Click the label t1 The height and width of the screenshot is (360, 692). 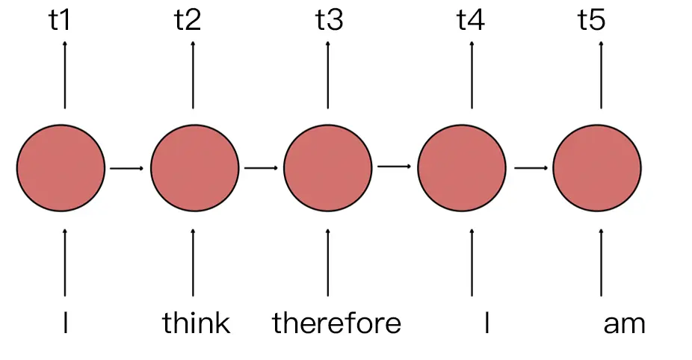click(x=60, y=20)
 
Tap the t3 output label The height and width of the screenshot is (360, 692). click(x=329, y=20)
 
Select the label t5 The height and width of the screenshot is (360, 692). click(x=591, y=20)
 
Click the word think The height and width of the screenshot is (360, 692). click(x=196, y=323)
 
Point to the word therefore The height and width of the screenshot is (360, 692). click(x=336, y=323)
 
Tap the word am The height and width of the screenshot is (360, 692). click(x=624, y=323)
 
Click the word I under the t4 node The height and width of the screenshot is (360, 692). click(x=487, y=323)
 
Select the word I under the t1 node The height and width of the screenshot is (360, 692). click(x=66, y=323)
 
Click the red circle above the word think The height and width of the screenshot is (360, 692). click(x=194, y=168)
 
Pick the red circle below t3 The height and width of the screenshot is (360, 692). click(x=328, y=168)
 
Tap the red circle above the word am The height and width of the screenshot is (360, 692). click(x=596, y=168)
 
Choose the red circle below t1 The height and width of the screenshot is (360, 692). click(x=61, y=168)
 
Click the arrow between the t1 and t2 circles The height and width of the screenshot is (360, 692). click(x=126, y=168)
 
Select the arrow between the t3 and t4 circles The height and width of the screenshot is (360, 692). click(x=394, y=166)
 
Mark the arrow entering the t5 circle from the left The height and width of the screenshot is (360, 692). click(x=531, y=167)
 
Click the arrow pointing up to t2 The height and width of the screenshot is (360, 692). click(x=194, y=75)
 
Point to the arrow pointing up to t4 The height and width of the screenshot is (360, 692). click(x=472, y=75)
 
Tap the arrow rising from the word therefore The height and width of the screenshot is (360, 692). click(x=327, y=261)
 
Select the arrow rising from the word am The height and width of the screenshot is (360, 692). click(x=602, y=261)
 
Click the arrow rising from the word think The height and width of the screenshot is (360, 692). click(x=194, y=261)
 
